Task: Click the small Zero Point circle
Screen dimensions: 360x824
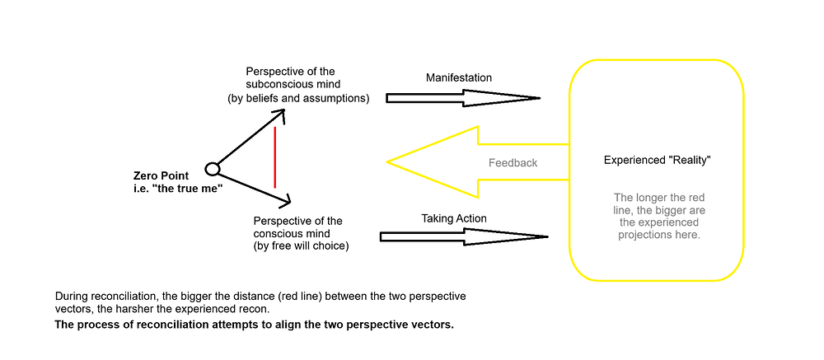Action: pyautogui.click(x=212, y=169)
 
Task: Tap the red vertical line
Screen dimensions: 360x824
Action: pyautogui.click(x=275, y=157)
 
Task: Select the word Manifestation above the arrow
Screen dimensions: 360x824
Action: pyautogui.click(x=459, y=77)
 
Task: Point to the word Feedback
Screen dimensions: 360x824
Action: pyautogui.click(x=513, y=163)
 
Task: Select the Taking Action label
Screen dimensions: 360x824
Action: pyautogui.click(x=454, y=218)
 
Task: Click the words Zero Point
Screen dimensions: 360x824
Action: pyautogui.click(x=161, y=175)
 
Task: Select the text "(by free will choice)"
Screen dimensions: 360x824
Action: pyautogui.click(x=302, y=245)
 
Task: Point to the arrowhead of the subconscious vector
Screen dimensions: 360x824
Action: pyautogui.click(x=281, y=112)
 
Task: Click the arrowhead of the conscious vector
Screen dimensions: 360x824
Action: pyautogui.click(x=286, y=199)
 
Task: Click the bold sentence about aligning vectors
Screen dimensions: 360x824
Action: pyautogui.click(x=254, y=325)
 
